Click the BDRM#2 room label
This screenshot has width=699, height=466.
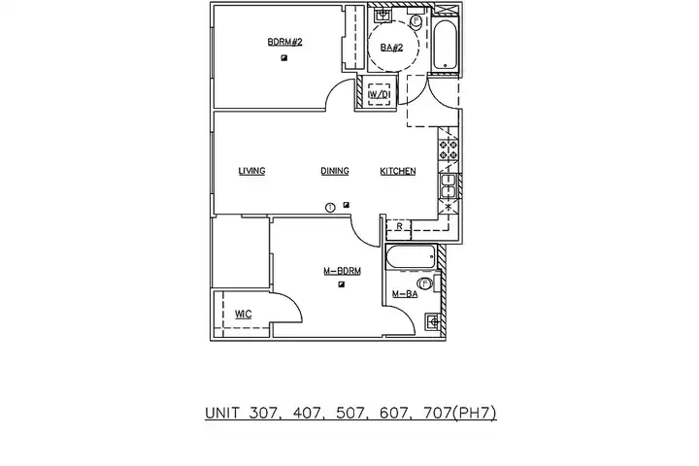point(284,43)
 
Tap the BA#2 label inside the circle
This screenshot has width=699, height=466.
point(391,48)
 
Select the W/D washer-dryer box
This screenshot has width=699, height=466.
point(379,94)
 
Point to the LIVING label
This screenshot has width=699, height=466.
point(251,171)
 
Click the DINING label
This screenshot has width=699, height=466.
point(335,171)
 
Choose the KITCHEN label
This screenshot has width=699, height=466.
point(398,171)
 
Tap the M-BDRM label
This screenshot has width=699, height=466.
point(342,271)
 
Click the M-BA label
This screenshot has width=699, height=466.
point(405,294)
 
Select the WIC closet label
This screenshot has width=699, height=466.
point(244,315)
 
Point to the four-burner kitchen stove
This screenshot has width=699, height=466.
point(449,150)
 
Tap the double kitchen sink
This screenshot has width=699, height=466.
point(448,186)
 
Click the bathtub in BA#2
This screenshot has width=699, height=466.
point(446,45)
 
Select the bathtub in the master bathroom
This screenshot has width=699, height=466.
point(412,257)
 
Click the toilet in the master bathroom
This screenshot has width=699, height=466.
point(428,283)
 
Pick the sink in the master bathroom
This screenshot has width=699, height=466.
point(433,321)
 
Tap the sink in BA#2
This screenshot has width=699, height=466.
point(383,16)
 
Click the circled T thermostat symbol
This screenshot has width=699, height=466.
point(330,208)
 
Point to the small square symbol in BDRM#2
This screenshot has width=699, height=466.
point(283,58)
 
